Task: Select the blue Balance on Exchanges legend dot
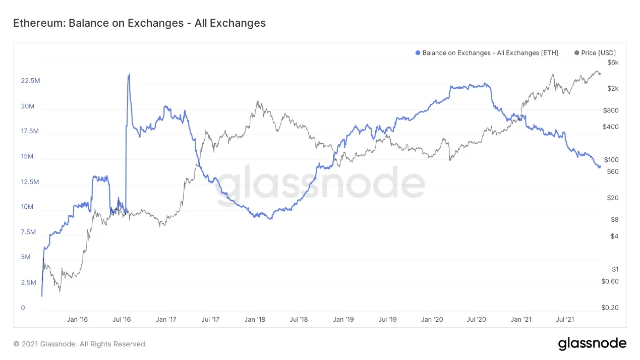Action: (x=418, y=53)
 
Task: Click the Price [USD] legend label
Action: (x=598, y=53)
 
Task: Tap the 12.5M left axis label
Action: (x=30, y=182)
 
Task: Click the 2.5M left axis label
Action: (x=29, y=282)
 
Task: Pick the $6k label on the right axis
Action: (x=613, y=63)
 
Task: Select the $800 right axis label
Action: (x=611, y=110)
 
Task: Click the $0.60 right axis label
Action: (x=610, y=281)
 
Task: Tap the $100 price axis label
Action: (x=611, y=160)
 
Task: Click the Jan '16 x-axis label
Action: (x=77, y=319)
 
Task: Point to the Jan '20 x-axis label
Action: (x=432, y=319)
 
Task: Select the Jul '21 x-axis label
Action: (x=565, y=319)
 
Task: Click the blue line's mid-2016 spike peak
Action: (x=129, y=75)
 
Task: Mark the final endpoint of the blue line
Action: (x=599, y=167)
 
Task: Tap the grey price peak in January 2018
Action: (x=258, y=101)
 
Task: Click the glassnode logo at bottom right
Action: (x=592, y=344)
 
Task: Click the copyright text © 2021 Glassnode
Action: (x=80, y=344)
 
